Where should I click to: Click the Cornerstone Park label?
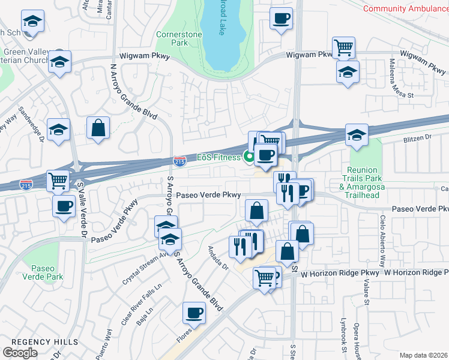click(x=178, y=38)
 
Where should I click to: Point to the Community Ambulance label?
click(x=406, y=8)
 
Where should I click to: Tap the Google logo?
click(x=20, y=352)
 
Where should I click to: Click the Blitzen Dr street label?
click(x=420, y=137)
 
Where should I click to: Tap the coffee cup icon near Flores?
click(x=194, y=312)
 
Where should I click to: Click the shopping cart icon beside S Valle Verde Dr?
click(x=58, y=179)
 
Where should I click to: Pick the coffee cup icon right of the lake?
click(x=280, y=18)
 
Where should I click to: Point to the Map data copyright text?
click(x=424, y=355)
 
